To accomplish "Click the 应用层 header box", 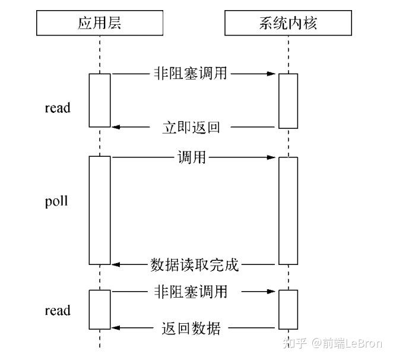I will coord(99,23).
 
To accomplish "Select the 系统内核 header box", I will coord(287,23).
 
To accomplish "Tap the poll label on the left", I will coord(56,201).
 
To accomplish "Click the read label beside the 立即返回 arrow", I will coord(58,108).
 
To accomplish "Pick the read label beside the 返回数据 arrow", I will coord(58,311).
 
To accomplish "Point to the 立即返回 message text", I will coord(191,127).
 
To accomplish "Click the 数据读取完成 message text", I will coord(194,265).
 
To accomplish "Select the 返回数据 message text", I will coord(191,328).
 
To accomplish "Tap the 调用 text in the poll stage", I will coord(191,158).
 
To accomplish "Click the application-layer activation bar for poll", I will coord(100,210).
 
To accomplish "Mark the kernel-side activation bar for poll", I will coord(288,210).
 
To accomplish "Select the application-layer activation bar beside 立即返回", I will coord(100,100).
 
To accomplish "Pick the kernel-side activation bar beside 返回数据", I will coord(288,310).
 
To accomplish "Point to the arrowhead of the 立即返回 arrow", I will coord(116,127).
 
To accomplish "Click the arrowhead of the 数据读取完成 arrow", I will coord(116,265).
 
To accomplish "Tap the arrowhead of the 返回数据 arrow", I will coord(116,328).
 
